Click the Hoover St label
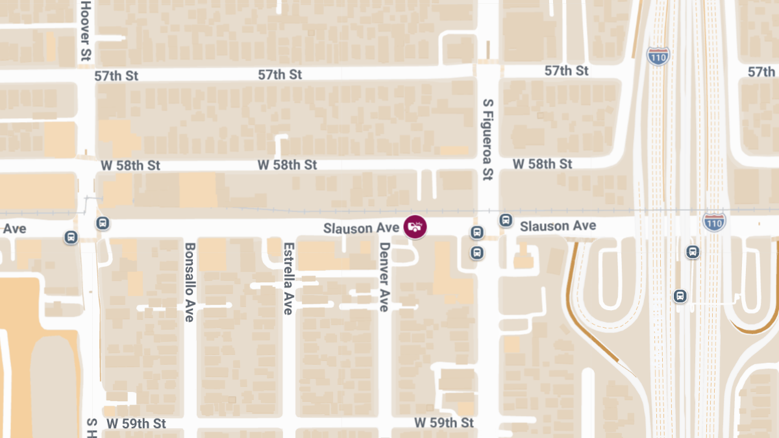[x=85, y=30]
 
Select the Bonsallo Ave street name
[x=190, y=282]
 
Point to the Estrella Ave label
[x=288, y=278]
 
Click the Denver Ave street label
[x=384, y=277]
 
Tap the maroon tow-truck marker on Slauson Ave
[x=415, y=226]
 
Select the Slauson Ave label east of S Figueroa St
[x=558, y=226]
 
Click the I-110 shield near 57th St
[x=658, y=56]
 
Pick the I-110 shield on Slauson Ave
[x=713, y=223]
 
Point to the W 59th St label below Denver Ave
[x=444, y=423]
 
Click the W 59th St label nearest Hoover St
[x=136, y=424]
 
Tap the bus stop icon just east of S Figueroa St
[x=506, y=221]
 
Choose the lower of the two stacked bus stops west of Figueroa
[x=477, y=252]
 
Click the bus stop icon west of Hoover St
[x=71, y=237]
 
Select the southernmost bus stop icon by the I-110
[x=680, y=296]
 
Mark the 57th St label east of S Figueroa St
[x=566, y=71]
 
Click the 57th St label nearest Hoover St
[x=116, y=76]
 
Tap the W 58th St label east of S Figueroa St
[x=542, y=164]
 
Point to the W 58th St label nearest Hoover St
[x=130, y=165]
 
